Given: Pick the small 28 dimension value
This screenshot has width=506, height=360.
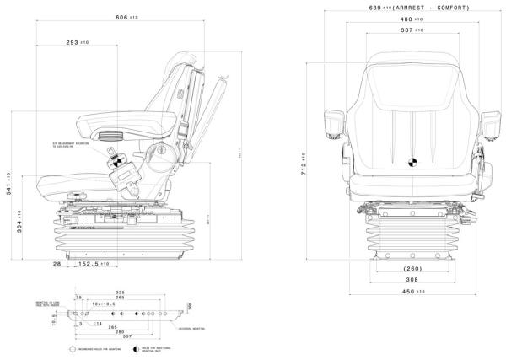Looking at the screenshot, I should coord(57,265).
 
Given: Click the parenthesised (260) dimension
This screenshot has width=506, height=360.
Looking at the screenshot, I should coord(412,269).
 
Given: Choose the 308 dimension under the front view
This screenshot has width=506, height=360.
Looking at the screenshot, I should coord(412,279).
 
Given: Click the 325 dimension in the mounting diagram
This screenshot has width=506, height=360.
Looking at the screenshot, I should coord(120,293).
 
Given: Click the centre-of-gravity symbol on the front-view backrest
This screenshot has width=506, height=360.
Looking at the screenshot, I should coord(412,164).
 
